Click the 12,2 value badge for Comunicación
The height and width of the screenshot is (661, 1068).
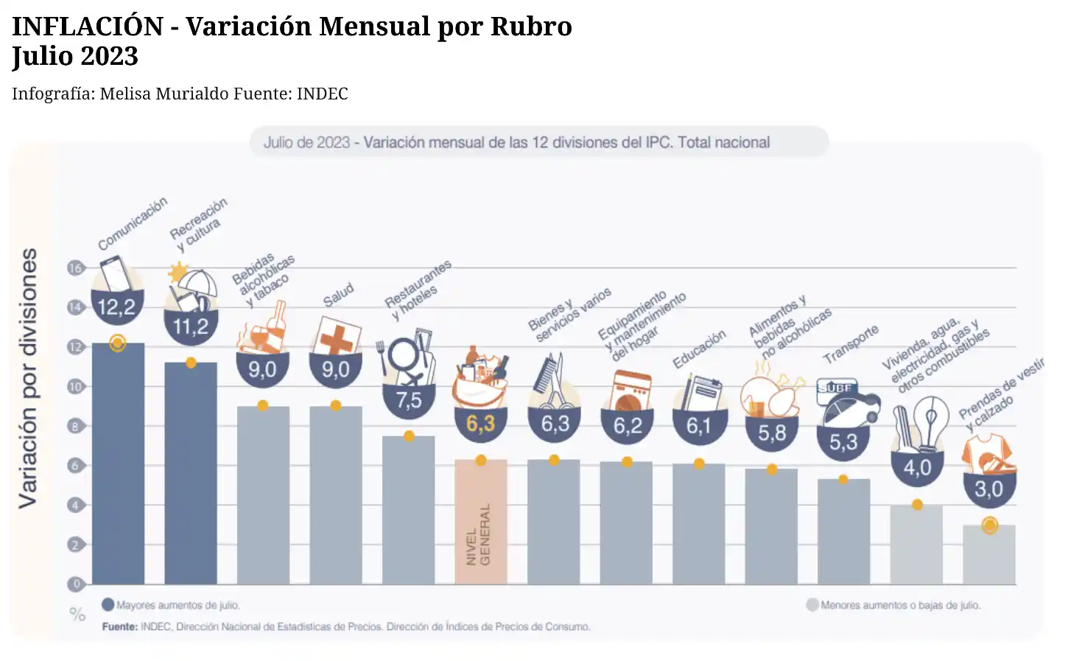pos(117,307)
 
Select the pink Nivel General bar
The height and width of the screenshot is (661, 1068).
pos(481,523)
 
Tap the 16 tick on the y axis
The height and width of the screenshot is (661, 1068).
pos(75,268)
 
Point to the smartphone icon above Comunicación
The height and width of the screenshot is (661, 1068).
pos(116,273)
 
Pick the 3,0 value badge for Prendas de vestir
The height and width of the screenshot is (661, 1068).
pos(989,489)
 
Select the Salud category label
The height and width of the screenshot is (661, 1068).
pos(338,295)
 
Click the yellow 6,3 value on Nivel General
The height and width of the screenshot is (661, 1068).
pos(481,424)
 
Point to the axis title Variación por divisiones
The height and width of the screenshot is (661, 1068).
pos(28,377)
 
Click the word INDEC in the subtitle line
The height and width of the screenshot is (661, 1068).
pos(322,94)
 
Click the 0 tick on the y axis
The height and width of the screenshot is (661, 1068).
pos(75,584)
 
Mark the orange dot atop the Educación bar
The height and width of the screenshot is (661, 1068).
pos(699,464)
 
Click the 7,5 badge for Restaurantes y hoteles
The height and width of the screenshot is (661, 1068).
pos(409,400)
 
